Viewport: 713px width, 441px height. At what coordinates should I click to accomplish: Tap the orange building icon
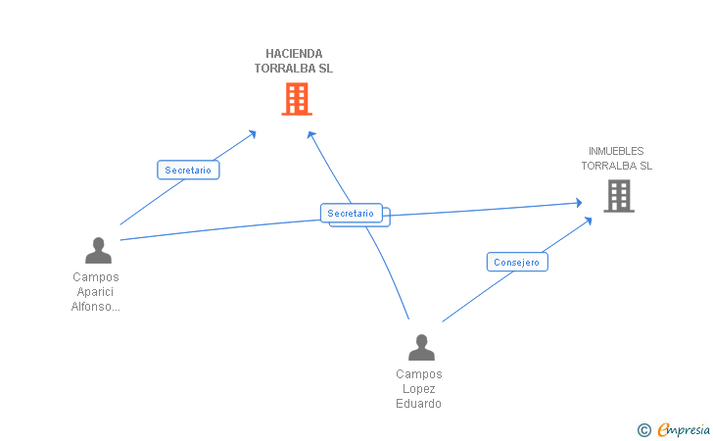297,99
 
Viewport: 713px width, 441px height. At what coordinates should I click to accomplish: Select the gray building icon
618,196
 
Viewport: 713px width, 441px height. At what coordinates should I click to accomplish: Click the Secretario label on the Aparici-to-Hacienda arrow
188,171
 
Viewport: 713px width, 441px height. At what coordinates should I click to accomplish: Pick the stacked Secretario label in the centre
352,214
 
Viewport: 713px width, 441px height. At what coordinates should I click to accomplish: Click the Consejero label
517,263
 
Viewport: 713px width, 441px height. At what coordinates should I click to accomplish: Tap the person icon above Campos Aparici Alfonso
98,251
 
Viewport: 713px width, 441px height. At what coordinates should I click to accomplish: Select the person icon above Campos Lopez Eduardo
421,348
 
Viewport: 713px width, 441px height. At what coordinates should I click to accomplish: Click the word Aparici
96,292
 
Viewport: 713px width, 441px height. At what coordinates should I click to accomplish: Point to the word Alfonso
93,307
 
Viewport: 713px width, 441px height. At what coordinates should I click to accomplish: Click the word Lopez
419,389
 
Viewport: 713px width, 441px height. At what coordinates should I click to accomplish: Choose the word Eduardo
419,404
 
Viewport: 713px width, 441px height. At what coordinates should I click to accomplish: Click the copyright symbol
643,429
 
